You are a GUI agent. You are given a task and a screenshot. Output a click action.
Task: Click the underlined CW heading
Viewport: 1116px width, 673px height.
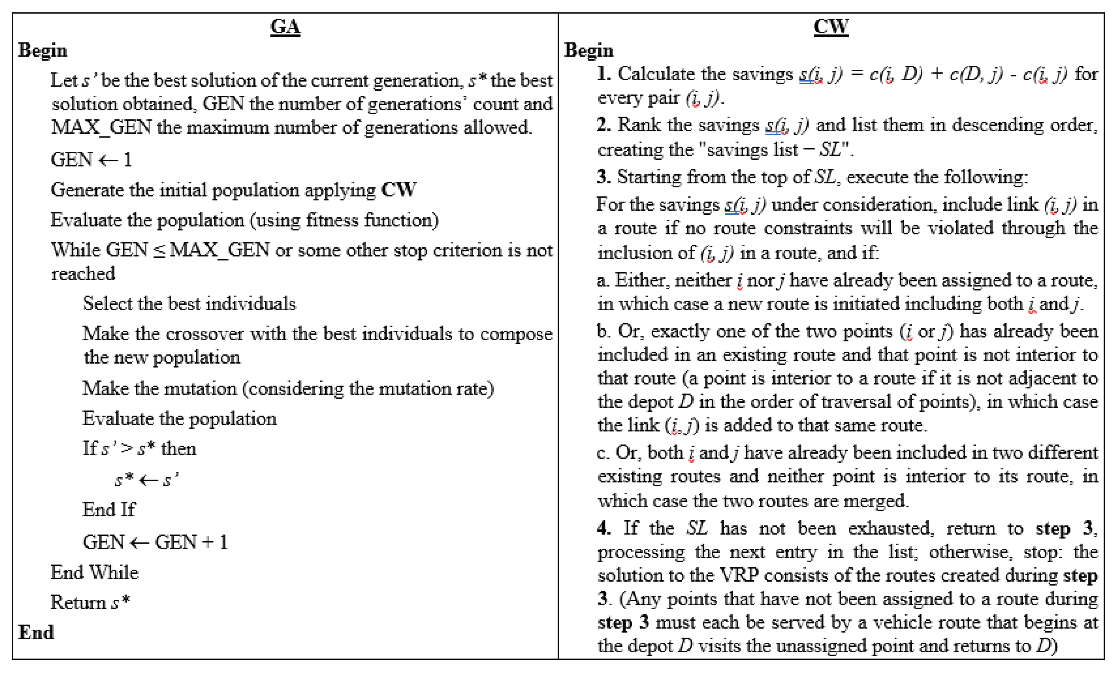click(831, 26)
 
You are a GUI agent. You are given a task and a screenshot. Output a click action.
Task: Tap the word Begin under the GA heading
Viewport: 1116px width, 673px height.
click(42, 50)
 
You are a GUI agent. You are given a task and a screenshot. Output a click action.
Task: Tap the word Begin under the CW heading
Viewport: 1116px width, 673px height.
click(589, 50)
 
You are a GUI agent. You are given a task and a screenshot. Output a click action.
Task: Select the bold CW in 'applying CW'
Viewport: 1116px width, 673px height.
click(398, 190)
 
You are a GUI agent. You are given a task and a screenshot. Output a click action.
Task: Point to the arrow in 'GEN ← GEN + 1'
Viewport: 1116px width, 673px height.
click(139, 543)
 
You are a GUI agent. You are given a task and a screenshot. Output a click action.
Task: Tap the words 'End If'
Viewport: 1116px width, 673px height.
click(109, 510)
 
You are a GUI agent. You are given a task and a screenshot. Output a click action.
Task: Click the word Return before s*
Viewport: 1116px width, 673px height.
click(78, 602)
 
